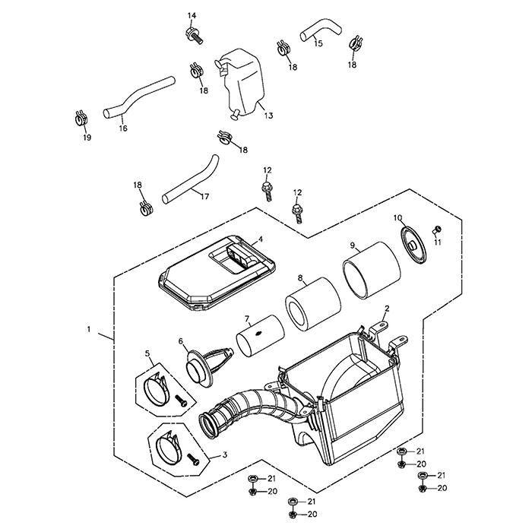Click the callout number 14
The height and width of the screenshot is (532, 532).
(x=192, y=16)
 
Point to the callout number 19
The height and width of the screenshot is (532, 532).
(x=86, y=138)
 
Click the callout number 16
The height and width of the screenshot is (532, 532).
(x=123, y=128)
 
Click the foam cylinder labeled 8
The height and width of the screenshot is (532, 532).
(x=311, y=305)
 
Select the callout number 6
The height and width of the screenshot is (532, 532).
(x=180, y=342)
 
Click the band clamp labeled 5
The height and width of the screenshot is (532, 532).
(x=162, y=388)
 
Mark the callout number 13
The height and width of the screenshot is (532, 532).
(x=268, y=116)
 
